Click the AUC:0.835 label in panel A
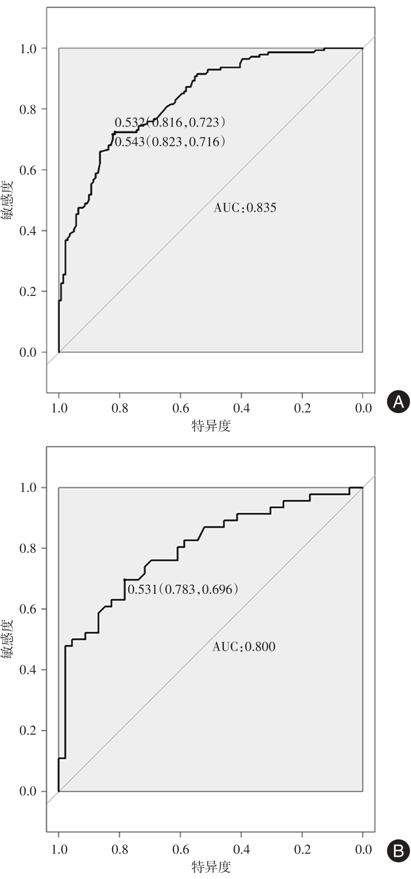245,207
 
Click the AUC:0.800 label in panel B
244,647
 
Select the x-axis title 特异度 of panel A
211,426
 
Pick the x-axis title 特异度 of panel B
211,866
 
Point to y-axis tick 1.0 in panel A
27,49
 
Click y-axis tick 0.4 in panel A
27,231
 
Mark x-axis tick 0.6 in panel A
181,408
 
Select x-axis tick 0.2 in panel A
303,408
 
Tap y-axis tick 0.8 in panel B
27,548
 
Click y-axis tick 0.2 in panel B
27,731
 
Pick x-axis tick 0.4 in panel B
242,849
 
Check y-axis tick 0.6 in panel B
27,609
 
